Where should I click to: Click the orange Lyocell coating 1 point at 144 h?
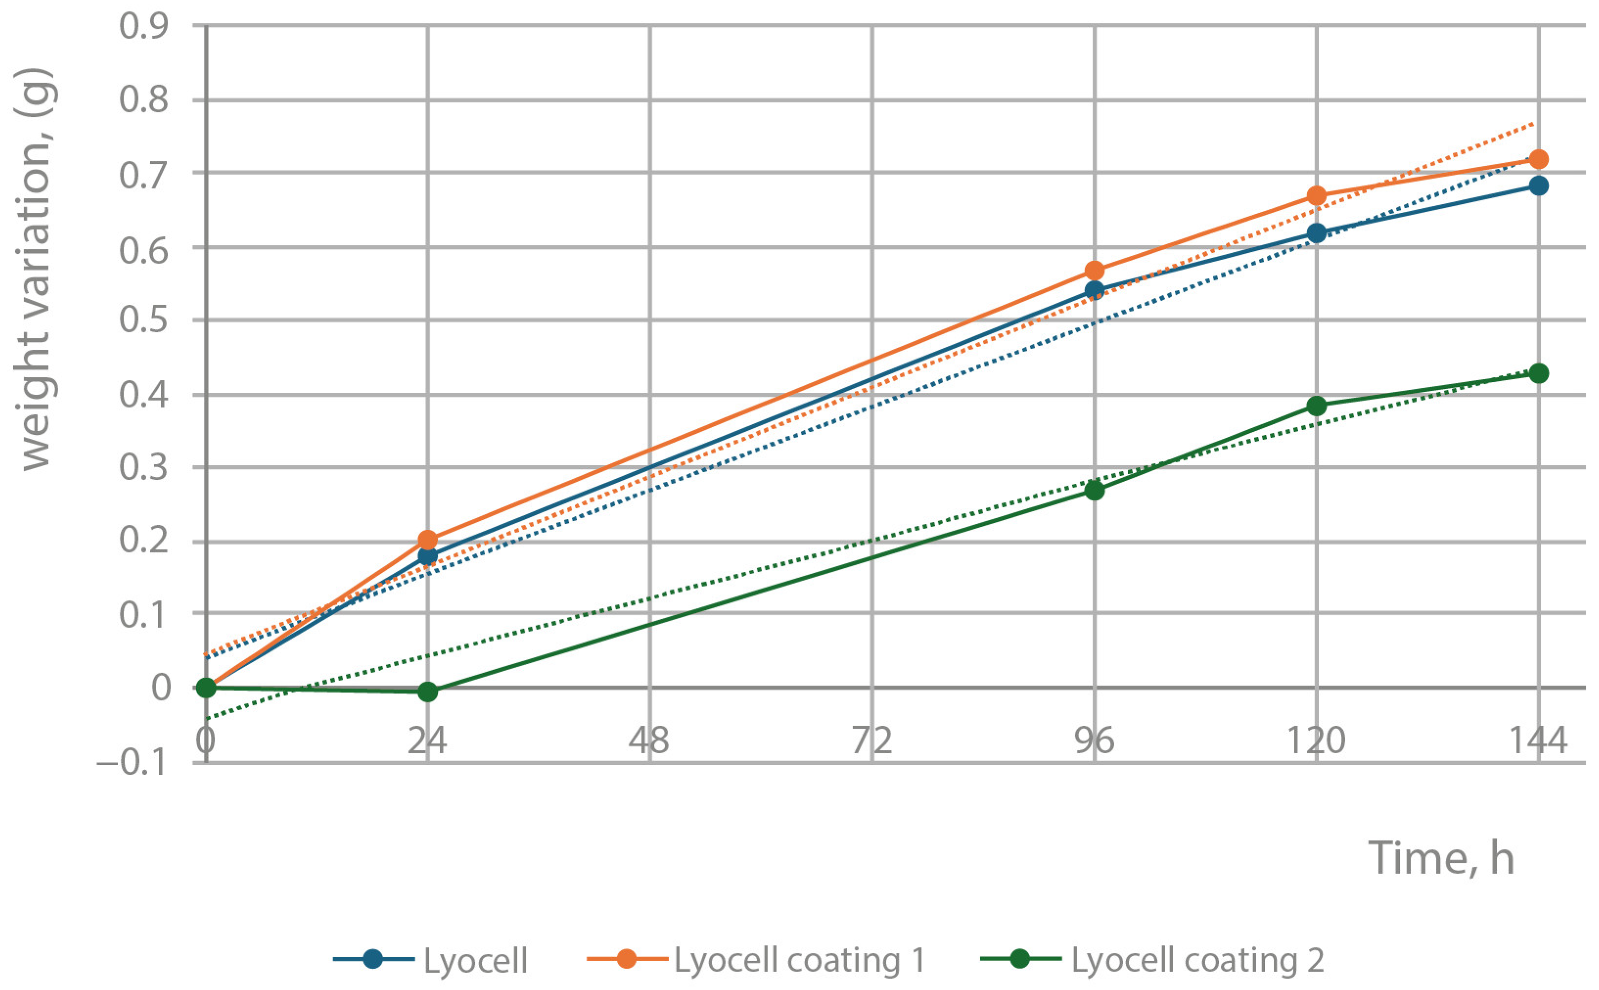point(1538,159)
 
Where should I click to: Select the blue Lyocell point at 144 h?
point(1538,186)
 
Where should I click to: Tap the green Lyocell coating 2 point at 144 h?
point(1538,373)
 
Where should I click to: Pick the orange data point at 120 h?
point(1316,196)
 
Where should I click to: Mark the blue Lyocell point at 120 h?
point(1316,233)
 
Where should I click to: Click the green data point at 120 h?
point(1316,406)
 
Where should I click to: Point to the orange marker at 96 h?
point(1094,270)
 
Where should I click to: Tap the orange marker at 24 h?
point(428,540)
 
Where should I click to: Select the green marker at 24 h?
point(428,692)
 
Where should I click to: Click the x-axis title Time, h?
point(1441,858)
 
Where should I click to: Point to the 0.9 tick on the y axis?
point(143,27)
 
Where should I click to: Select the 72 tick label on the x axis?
point(872,741)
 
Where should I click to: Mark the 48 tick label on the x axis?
point(650,741)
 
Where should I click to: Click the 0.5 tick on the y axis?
point(143,321)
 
